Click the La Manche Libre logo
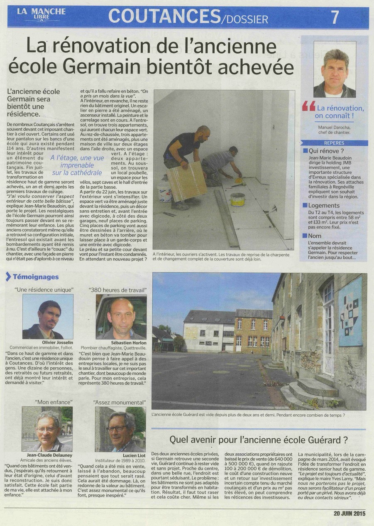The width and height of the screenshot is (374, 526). point(41,15)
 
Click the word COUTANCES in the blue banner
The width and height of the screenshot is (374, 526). point(164,17)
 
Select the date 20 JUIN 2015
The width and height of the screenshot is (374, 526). point(350,513)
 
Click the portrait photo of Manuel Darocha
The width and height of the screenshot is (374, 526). point(334,69)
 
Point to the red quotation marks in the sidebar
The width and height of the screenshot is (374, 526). point(308,107)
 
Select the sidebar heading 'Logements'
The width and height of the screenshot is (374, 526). point(324,205)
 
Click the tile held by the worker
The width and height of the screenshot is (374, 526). point(186,181)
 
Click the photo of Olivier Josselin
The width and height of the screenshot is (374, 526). point(48,316)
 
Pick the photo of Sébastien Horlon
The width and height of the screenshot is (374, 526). point(121,316)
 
